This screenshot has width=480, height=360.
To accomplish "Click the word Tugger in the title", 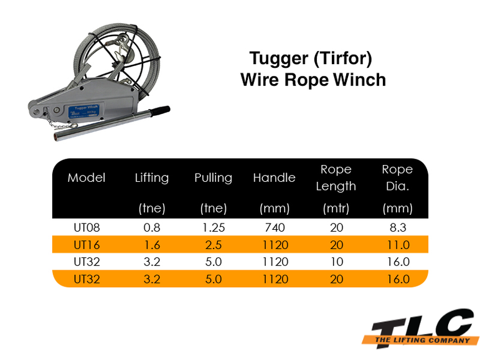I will [x=278, y=59].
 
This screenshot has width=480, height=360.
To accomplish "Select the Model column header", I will [x=87, y=178].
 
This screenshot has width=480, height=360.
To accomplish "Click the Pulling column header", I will [x=213, y=178].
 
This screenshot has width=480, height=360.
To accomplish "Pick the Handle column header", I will [x=274, y=178].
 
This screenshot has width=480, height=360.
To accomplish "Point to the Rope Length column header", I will [x=336, y=178].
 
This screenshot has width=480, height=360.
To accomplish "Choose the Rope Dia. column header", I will [x=397, y=178].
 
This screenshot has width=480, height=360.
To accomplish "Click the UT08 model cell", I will [x=87, y=228].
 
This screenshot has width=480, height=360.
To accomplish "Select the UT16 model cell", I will [x=87, y=245].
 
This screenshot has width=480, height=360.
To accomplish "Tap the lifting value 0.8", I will [x=151, y=228].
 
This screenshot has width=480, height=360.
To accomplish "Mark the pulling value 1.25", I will [x=213, y=228].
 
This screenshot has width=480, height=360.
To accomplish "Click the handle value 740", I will [x=274, y=228].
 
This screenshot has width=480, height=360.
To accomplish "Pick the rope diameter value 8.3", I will [x=397, y=228].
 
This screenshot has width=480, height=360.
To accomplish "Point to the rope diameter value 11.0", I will [x=397, y=245].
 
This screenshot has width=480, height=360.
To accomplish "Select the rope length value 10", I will [x=336, y=262].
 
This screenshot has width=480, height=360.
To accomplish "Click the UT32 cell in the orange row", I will [x=87, y=279].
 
